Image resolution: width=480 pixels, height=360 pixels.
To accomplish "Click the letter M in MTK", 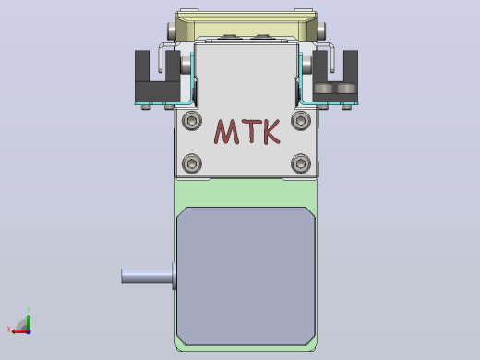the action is click(x=227, y=132).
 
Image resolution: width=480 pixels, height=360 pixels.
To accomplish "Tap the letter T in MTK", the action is click(x=252, y=131).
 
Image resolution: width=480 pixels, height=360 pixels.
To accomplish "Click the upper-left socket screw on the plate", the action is click(x=192, y=120).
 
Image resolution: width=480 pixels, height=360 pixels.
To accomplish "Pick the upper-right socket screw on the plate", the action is click(x=301, y=120).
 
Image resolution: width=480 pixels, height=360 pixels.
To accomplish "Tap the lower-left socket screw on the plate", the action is click(x=192, y=163).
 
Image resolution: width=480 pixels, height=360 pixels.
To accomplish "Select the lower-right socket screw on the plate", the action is click(x=301, y=163).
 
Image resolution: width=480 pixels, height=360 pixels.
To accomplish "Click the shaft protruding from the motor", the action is click(x=147, y=276).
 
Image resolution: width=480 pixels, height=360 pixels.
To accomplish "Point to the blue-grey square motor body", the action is click(x=246, y=276).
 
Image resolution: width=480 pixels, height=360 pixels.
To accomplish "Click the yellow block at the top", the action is click(x=246, y=26).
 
